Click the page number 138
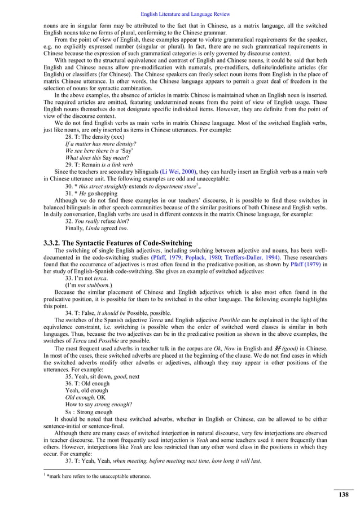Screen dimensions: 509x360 pyautogui.click(x=343, y=495)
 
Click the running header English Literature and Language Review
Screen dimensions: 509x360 pyautogui.click(x=179, y=13)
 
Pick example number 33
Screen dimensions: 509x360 pyautogui.click(x=69, y=278)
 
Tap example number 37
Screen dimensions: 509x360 pyautogui.click(x=69, y=460)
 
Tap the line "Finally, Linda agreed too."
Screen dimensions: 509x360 pyautogui.click(x=96, y=228)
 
